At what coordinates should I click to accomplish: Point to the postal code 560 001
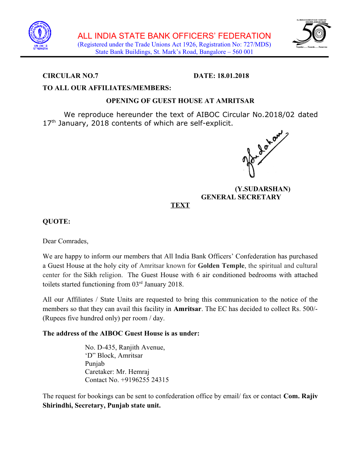[243, 52]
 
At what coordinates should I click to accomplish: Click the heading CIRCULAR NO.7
[70, 76]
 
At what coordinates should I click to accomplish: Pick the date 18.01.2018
[233, 76]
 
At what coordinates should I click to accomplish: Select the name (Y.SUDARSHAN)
[263, 189]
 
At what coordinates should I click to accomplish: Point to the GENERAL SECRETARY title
[241, 197]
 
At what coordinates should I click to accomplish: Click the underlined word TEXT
[180, 205]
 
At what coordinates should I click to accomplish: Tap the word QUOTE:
[56, 222]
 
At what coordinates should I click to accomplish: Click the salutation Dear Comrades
[65, 241]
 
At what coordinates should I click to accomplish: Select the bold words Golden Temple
[221, 266]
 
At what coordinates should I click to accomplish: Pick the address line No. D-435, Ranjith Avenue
[125, 347]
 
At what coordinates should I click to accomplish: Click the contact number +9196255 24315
[145, 380]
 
